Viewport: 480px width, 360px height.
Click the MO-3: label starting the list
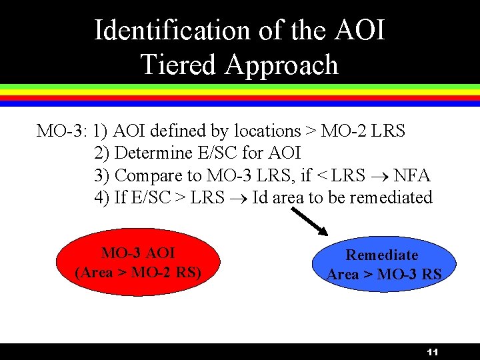pyautogui.click(x=62, y=131)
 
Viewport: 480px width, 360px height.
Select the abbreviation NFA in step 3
pyautogui.click(x=412, y=175)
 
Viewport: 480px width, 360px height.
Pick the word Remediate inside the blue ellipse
pyautogui.click(x=382, y=255)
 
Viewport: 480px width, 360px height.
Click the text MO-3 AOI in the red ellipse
pyautogui.click(x=138, y=253)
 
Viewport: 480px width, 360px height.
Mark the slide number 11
pyautogui.click(x=432, y=351)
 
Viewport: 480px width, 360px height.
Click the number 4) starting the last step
pyautogui.click(x=103, y=197)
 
